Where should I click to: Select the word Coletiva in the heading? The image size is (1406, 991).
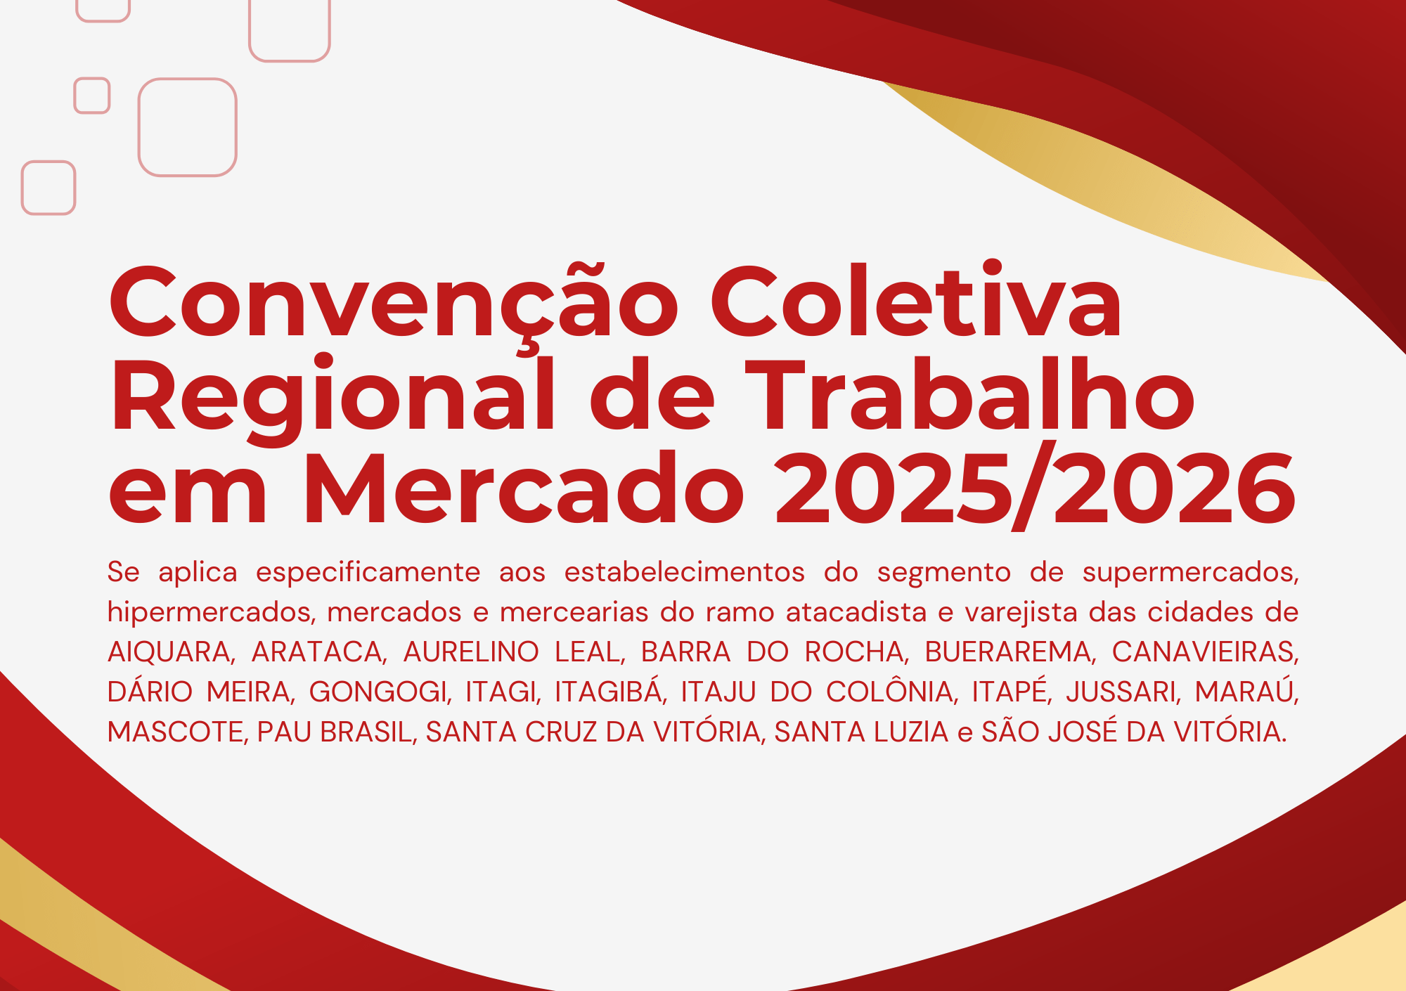916,299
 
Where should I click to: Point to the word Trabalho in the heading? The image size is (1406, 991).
970,394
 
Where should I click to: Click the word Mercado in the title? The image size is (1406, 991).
523,488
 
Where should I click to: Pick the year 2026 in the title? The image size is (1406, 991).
1174,489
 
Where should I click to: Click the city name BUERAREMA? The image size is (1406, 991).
1010,652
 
